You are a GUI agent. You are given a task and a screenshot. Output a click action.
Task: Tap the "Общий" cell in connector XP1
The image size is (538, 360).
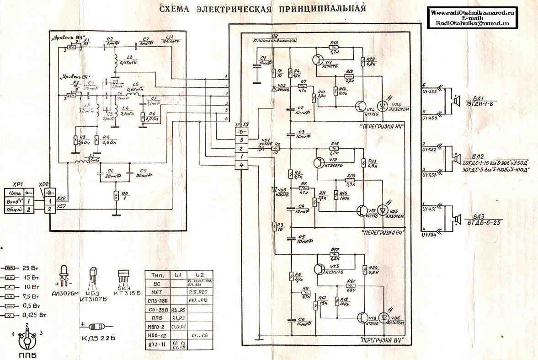point(14,209)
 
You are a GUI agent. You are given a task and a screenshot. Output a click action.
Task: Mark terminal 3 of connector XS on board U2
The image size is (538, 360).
point(241,139)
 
